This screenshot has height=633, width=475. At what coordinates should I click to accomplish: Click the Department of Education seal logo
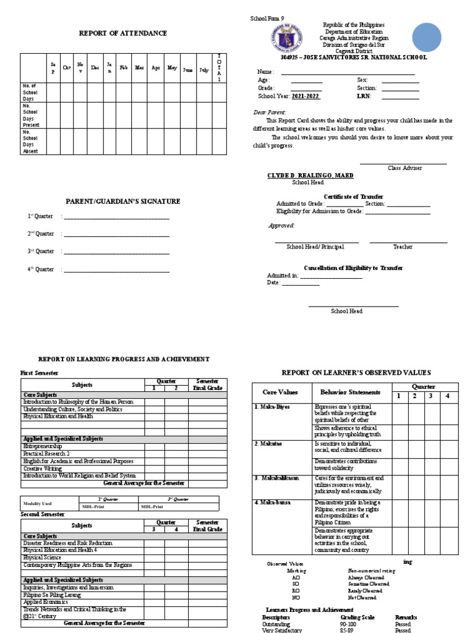coord(286,38)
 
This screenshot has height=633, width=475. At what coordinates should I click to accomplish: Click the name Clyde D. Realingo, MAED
coord(310,176)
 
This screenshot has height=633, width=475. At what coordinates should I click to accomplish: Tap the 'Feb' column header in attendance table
coord(123,68)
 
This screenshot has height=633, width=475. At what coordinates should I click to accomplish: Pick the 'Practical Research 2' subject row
coord(46,453)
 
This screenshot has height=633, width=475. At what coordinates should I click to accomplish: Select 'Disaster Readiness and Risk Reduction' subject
coord(67,543)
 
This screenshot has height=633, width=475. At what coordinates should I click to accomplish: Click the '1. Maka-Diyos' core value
coord(272,407)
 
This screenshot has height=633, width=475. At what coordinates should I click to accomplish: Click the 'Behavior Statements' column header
coord(349,393)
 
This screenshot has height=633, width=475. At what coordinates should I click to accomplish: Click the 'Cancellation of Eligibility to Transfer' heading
coord(353,268)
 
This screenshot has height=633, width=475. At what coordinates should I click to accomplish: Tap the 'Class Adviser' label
coord(404,168)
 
